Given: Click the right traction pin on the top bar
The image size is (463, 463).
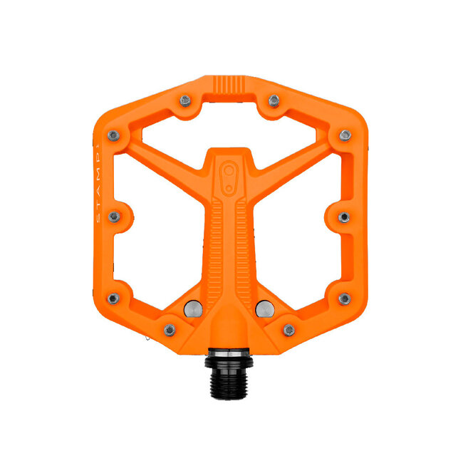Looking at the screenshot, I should click(274, 100).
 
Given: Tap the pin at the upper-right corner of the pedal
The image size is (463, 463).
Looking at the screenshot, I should click(345, 135).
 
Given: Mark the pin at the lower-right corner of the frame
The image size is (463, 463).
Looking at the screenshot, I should click(345, 298).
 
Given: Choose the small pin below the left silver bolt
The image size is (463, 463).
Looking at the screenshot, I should click(170, 330).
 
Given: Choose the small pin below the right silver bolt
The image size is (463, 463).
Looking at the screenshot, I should click(288, 330).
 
